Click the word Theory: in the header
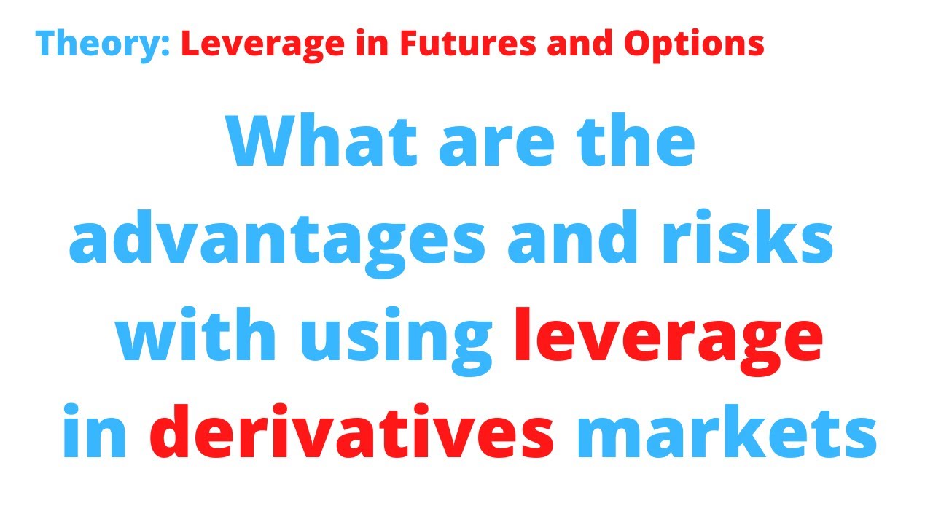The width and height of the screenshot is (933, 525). point(103,44)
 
